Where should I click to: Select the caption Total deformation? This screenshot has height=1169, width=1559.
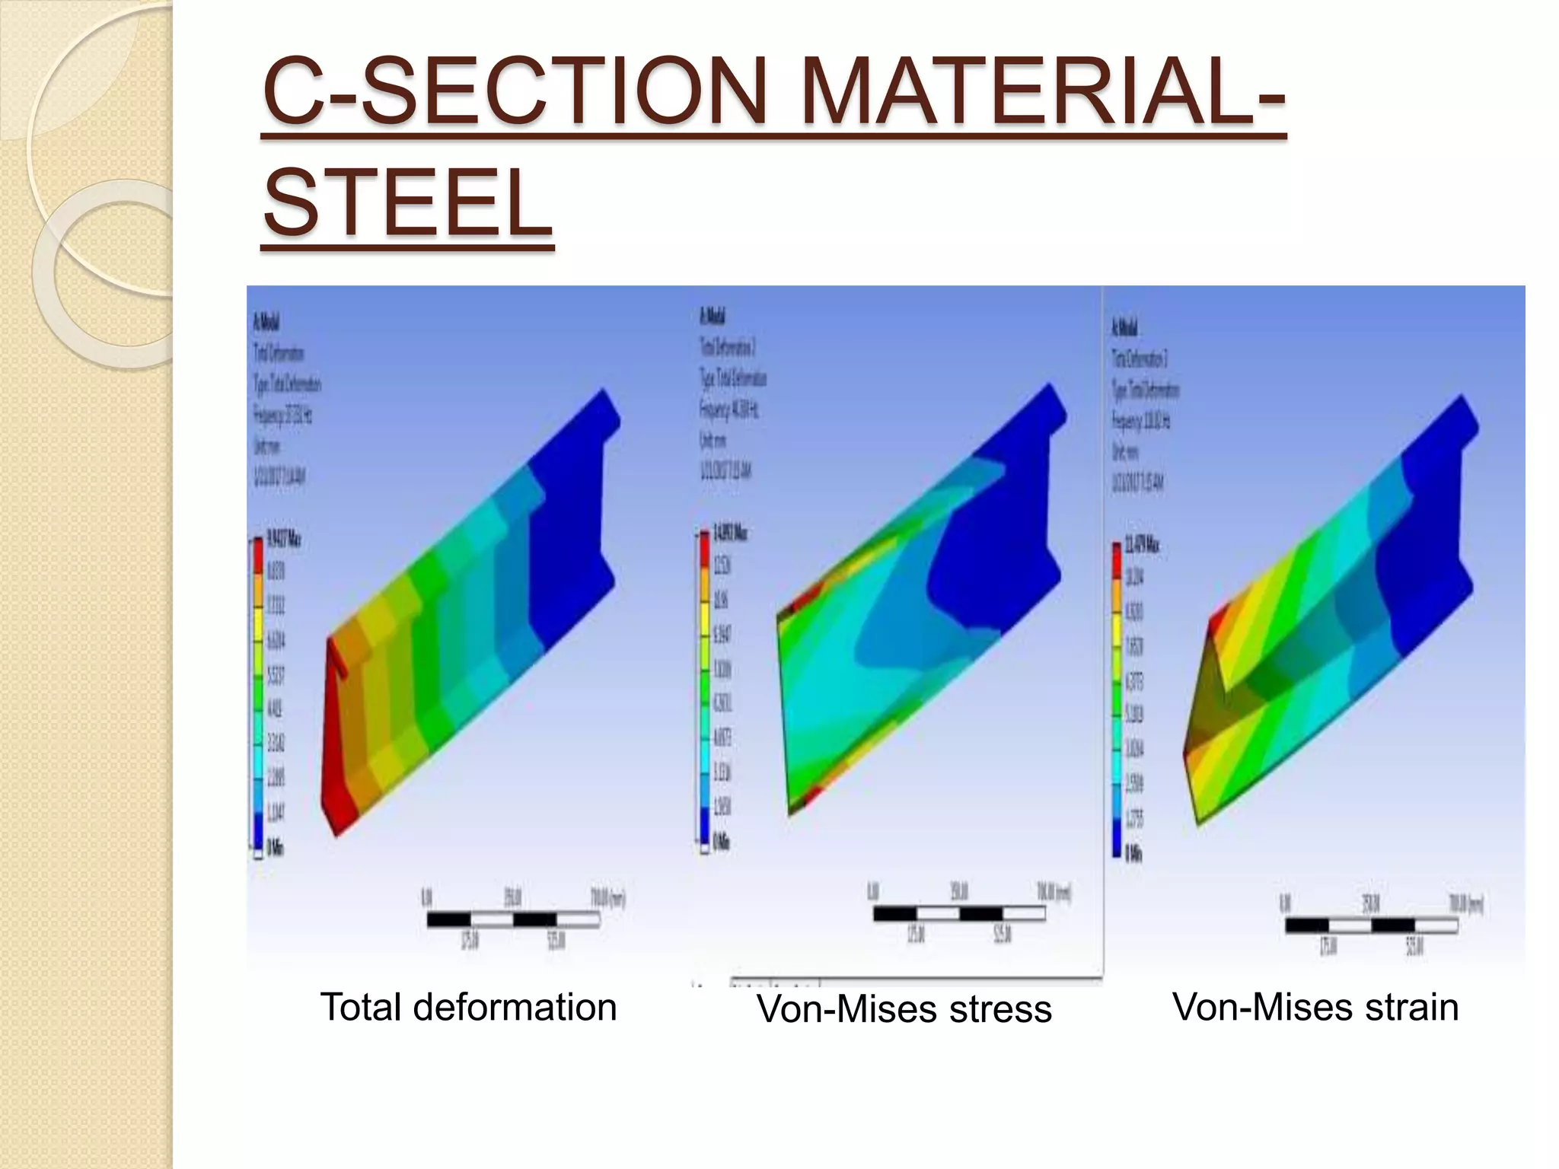tap(468, 1007)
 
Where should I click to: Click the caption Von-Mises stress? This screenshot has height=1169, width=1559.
tap(904, 1009)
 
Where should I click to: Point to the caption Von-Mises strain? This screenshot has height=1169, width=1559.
tap(1315, 1007)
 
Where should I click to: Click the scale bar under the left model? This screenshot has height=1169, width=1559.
tap(513, 920)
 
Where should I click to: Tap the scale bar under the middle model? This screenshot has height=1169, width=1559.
tap(959, 913)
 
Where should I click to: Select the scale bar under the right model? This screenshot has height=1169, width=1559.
tap(1371, 926)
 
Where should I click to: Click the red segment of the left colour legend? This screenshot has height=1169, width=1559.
tap(258, 556)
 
